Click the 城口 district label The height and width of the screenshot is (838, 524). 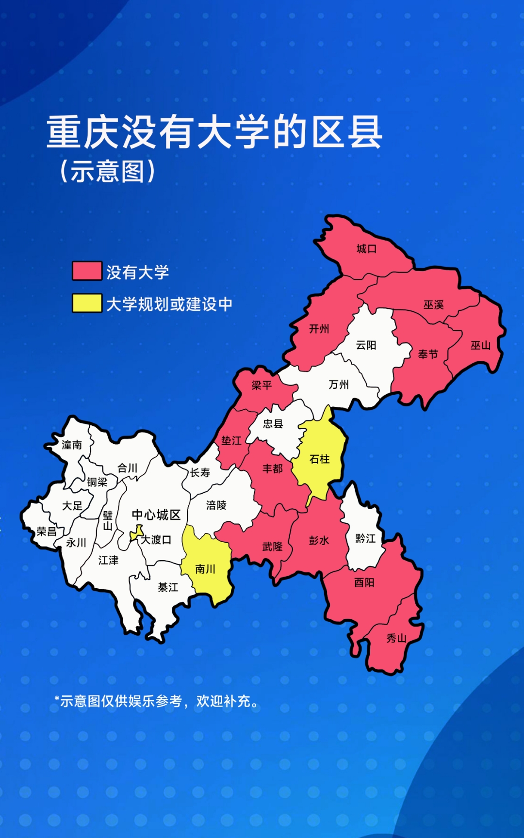pyautogui.click(x=366, y=249)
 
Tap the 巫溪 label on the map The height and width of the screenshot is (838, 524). pyautogui.click(x=433, y=305)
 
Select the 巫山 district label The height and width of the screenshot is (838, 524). pyautogui.click(x=480, y=345)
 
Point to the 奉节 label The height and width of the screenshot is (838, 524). pyautogui.click(x=428, y=355)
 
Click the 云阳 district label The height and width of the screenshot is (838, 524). pyautogui.click(x=366, y=345)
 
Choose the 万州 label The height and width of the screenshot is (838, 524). pyautogui.click(x=339, y=385)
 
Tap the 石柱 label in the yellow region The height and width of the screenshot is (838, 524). pyautogui.click(x=319, y=459)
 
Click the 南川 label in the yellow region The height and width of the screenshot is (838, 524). pyautogui.click(x=205, y=569)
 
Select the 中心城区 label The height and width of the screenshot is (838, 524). pyautogui.click(x=156, y=515)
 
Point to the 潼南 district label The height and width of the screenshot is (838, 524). pyautogui.click(x=72, y=445)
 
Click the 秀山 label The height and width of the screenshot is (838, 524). pyautogui.click(x=396, y=638)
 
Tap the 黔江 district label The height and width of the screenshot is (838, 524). pyautogui.click(x=365, y=538)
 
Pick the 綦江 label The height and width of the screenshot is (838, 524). pyautogui.click(x=168, y=587)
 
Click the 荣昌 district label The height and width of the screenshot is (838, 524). pyautogui.click(x=47, y=532)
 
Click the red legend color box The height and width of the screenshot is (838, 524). pyautogui.click(x=87, y=271)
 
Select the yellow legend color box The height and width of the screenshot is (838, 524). pyautogui.click(x=87, y=303)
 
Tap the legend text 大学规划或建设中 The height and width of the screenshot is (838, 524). pyautogui.click(x=169, y=304)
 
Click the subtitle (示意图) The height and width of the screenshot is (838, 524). pyautogui.click(x=107, y=171)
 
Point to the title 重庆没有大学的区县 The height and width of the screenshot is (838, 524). pyautogui.click(x=214, y=132)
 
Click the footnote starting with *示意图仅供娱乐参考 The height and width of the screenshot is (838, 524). pyautogui.click(x=157, y=701)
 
